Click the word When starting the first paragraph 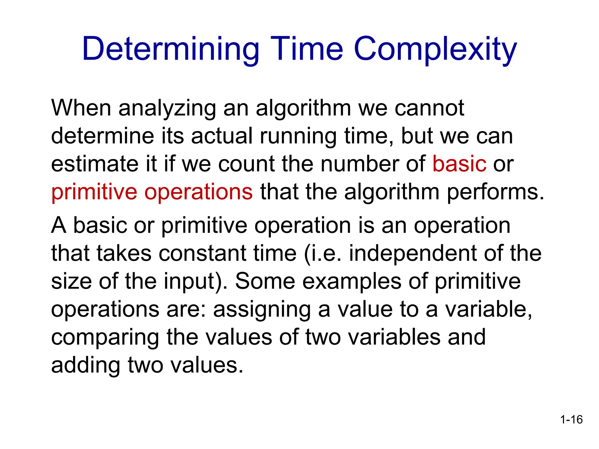tap(81, 108)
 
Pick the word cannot tap(429, 108)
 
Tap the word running tap(298, 137)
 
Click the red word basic tap(459, 164)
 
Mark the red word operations tap(199, 192)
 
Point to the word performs tap(495, 192)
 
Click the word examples tap(352, 281)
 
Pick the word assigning tap(262, 310)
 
